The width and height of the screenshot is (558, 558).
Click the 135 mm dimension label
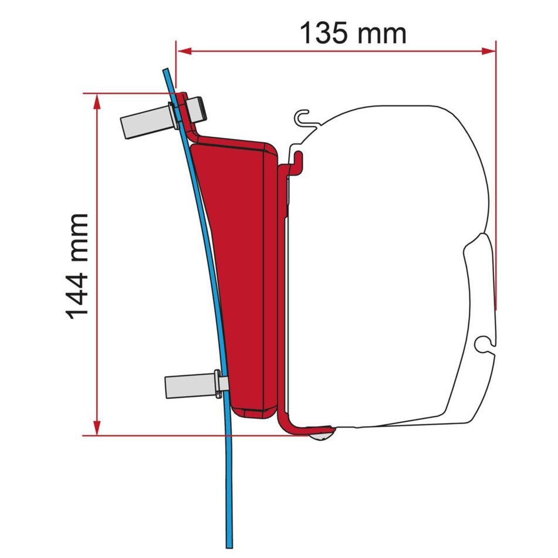(353, 33)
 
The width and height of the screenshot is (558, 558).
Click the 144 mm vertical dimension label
(77, 266)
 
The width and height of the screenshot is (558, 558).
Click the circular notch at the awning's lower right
(485, 343)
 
